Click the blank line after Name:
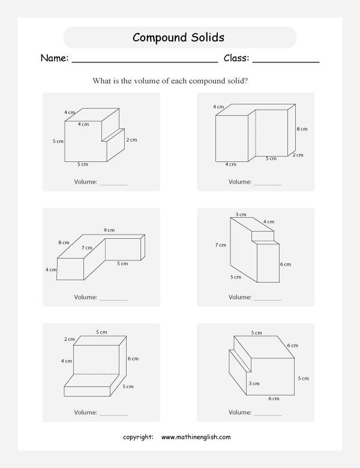coord(144,61)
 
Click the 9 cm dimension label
coord(109,230)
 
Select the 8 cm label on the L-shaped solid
coord(64,242)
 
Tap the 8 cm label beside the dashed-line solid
coord(302,129)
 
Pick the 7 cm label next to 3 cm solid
coord(221,245)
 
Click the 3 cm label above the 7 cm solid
coord(241,214)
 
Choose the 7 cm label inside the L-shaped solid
coord(87,248)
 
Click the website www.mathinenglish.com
coord(196,437)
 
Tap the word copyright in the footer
coord(138,437)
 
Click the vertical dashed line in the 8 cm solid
coord(257,136)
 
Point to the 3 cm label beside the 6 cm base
coord(254,383)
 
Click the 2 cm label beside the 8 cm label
coord(298,154)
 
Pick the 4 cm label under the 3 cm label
coord(269,222)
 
